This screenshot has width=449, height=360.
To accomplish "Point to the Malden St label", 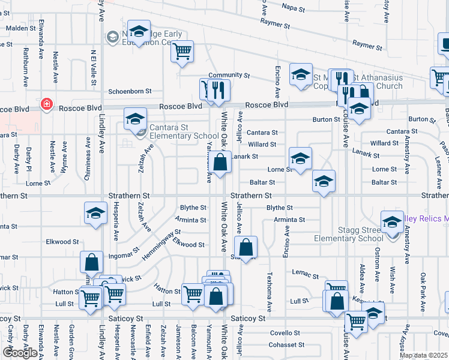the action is [x=21, y=28].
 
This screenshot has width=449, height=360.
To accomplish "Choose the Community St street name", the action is [x=229, y=76].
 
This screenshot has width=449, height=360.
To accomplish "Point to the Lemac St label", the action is [x=306, y=275].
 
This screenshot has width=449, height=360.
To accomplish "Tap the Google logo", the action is [x=20, y=352].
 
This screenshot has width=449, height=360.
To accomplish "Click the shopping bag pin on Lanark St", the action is [x=220, y=162].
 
